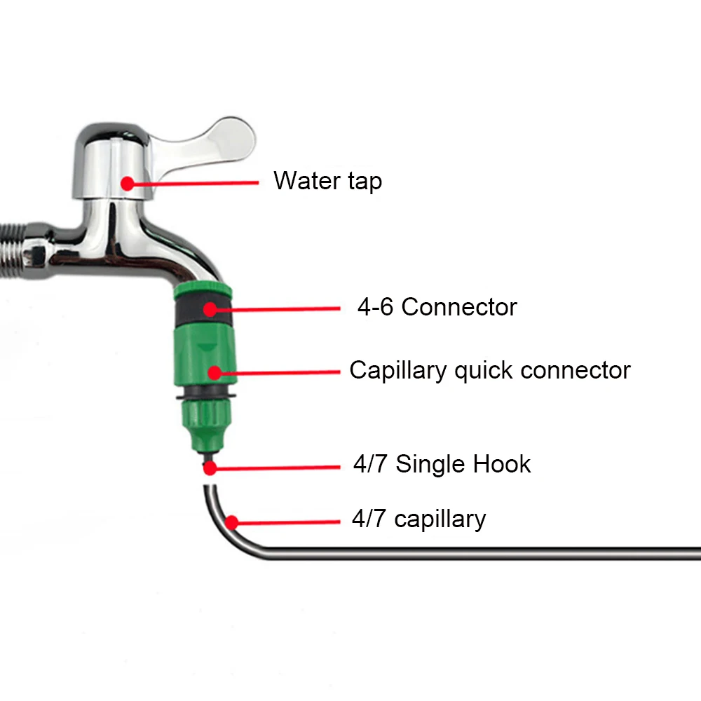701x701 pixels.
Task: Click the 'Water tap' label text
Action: (327, 181)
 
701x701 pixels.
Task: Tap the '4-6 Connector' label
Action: (437, 307)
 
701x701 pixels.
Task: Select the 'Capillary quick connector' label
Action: (490, 370)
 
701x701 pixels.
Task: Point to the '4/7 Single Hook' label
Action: (442, 464)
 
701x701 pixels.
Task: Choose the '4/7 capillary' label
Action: (418, 519)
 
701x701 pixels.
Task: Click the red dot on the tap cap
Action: (127, 183)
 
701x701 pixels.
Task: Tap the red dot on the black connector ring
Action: (210, 307)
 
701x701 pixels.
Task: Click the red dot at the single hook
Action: (208, 465)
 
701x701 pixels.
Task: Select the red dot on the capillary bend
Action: (231, 522)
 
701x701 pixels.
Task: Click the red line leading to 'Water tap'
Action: (196, 183)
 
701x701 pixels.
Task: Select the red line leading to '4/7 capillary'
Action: (287, 522)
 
